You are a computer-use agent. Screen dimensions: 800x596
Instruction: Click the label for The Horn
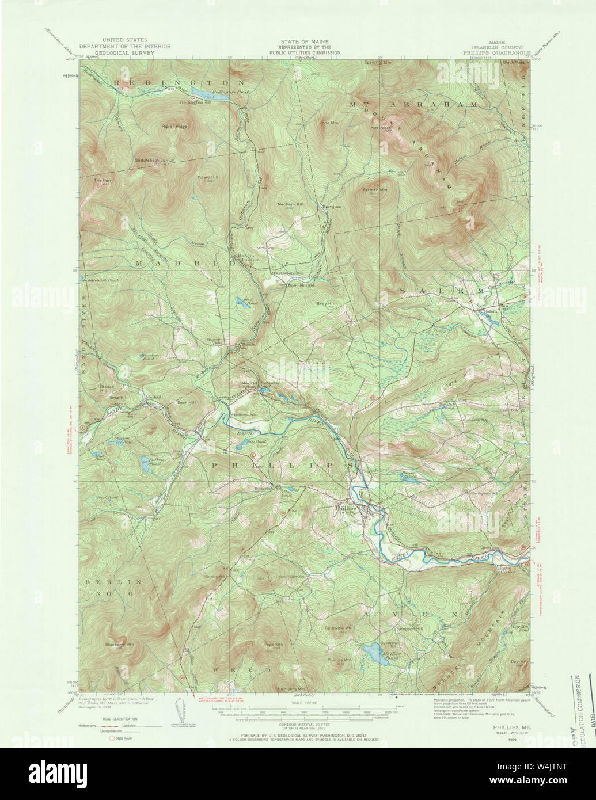click(x=103, y=180)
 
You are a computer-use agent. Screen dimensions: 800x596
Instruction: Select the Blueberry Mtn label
click(x=119, y=644)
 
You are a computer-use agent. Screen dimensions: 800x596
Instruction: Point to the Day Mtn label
click(x=518, y=662)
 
